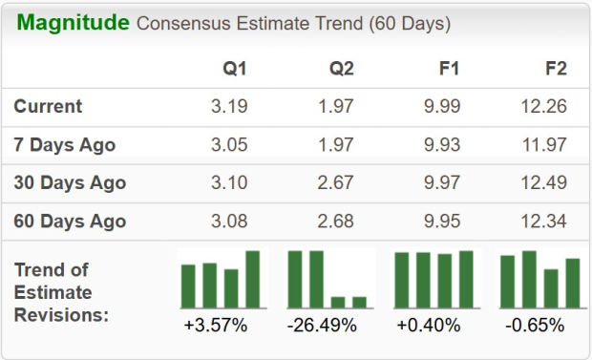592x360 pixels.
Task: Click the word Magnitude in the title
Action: pyautogui.click(x=72, y=22)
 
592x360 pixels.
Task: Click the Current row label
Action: pyautogui.click(x=49, y=106)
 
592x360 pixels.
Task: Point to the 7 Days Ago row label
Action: pyautogui.click(x=65, y=145)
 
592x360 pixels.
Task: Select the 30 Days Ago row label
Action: pyautogui.click(x=71, y=182)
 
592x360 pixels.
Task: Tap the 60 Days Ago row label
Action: pyautogui.click(x=71, y=222)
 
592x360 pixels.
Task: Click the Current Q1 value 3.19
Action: pyautogui.click(x=230, y=106)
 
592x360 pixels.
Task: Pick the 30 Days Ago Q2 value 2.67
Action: pyautogui.click(x=335, y=182)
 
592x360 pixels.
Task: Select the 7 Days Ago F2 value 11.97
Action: pyautogui.click(x=544, y=145)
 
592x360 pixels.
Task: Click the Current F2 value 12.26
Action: pyautogui.click(x=544, y=106)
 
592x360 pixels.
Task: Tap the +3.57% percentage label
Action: pyautogui.click(x=216, y=326)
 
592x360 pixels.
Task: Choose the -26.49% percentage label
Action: pyautogui.click(x=322, y=326)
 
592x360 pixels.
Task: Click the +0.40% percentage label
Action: pyautogui.click(x=429, y=326)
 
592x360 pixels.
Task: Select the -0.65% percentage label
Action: pyautogui.click(x=535, y=326)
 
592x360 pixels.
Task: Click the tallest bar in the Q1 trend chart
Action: pyautogui.click(x=252, y=279)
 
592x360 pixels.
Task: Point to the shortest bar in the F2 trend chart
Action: pyautogui.click(x=551, y=288)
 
